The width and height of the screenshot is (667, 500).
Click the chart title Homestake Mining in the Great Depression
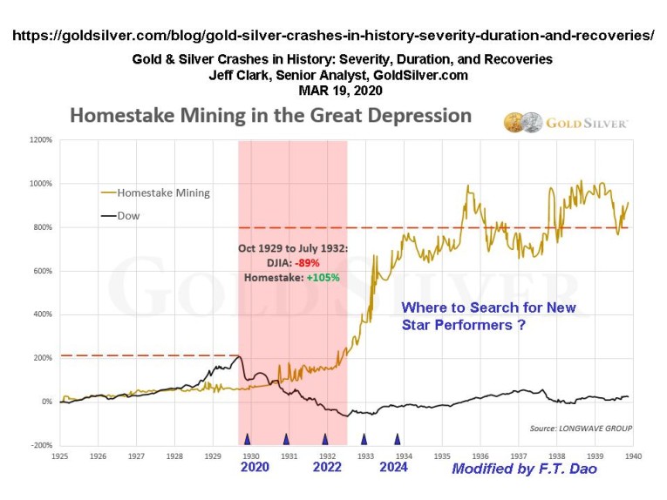[270, 116]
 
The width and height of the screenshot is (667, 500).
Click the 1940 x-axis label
[632, 455]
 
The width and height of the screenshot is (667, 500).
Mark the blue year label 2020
[254, 468]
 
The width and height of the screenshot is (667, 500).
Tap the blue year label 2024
[394, 468]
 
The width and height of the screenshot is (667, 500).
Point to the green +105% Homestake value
[323, 278]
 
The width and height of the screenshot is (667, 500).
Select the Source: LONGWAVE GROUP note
[581, 428]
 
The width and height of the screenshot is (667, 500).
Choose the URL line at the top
[333, 37]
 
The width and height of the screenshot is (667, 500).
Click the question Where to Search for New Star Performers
[488, 315]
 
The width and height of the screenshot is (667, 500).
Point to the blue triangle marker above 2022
[325, 439]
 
